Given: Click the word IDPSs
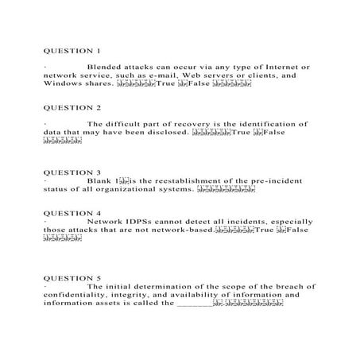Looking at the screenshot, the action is [138, 223].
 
